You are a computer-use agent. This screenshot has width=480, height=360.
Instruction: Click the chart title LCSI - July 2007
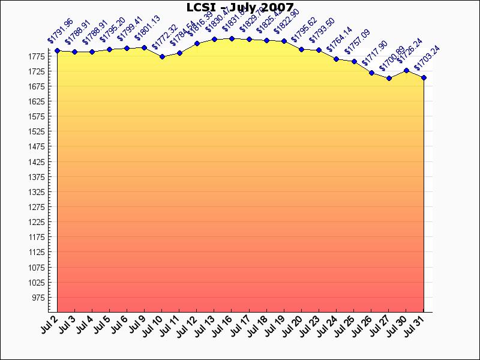coord(240,8)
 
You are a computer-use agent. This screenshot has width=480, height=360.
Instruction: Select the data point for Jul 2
coord(57,51)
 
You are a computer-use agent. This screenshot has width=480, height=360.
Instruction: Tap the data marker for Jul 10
coord(162,56)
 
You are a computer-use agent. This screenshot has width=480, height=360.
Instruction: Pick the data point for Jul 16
coord(232,38)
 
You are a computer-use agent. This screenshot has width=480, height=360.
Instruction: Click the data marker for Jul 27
coord(389,78)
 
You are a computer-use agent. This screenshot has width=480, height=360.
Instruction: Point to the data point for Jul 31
coord(424,77)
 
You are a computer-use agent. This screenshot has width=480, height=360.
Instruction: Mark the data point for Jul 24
coord(337,59)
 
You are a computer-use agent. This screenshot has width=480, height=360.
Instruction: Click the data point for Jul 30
coord(406,70)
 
